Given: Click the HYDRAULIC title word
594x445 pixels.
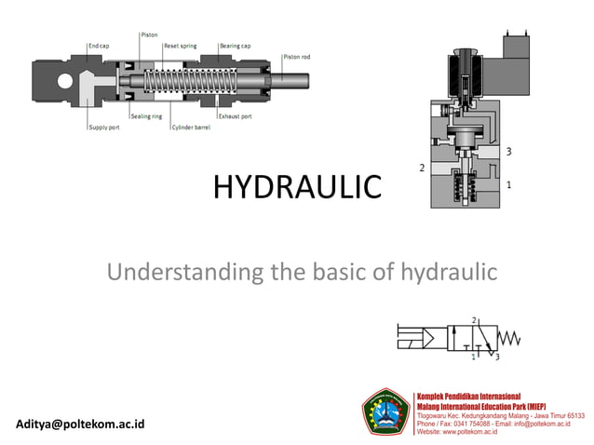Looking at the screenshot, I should click(297, 187).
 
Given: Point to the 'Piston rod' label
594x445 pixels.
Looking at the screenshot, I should click(297, 57).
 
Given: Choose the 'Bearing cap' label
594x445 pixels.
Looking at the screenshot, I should click(232, 45).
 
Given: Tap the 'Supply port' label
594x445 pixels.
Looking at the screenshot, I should click(103, 128).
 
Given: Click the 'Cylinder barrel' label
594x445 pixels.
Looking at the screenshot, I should click(191, 128).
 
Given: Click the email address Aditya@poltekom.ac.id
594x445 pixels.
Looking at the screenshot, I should click(81, 424).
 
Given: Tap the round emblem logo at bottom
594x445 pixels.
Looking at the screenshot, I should click(385, 411).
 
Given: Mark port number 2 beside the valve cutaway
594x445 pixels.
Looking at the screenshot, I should click(422, 169).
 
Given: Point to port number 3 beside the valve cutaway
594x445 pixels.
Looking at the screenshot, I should click(508, 151).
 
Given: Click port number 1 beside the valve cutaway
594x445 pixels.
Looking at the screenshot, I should click(508, 185).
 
